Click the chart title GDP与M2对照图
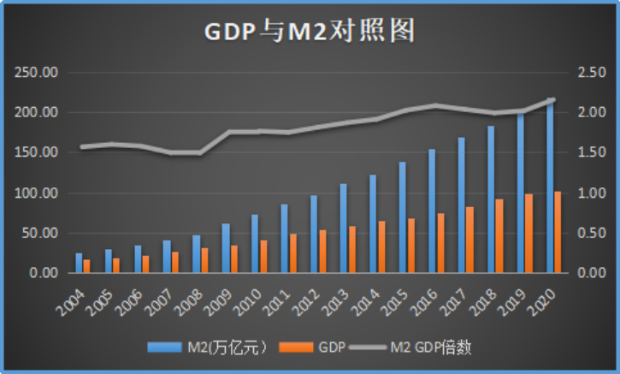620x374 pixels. coord(309,32)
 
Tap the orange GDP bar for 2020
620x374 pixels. coord(558,232)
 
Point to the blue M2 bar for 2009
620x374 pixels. coord(226,248)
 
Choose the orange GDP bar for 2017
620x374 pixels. coord(470,240)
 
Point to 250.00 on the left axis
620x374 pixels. coord(36,73)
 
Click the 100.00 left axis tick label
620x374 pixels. coord(36,193)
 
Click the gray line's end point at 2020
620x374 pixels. coord(552,100)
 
